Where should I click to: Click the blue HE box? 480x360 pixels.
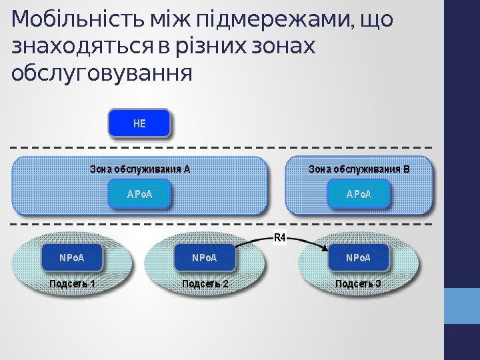coord(139,124)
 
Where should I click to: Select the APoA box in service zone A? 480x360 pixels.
coord(139,194)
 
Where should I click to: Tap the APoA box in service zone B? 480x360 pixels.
coord(358,194)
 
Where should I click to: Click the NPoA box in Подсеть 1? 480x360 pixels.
coord(72,257)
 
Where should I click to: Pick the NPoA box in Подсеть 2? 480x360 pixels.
coord(205,257)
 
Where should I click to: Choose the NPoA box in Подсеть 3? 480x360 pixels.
coord(358,257)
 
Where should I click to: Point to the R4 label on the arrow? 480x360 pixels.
coord(280,237)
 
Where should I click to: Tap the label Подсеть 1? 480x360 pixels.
coord(72,284)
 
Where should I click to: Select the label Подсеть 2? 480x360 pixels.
coord(205,284)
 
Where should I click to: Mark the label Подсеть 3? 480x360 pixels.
coord(358,284)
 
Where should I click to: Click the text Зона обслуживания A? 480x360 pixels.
coord(139,169)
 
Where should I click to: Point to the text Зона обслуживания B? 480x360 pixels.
coord(358,169)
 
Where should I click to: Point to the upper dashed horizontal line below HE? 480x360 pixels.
coord(220,147)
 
